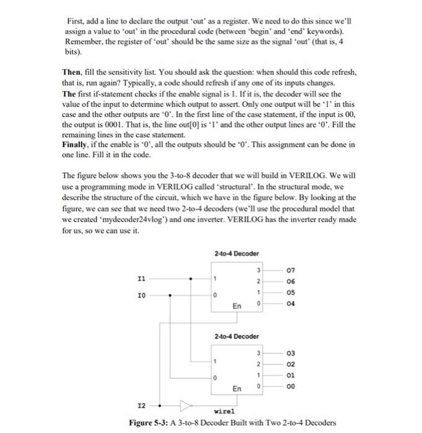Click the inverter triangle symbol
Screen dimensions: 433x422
184,405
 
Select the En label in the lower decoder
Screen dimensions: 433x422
237,388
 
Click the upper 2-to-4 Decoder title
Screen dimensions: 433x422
236,254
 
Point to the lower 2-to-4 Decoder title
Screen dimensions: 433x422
236,337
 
